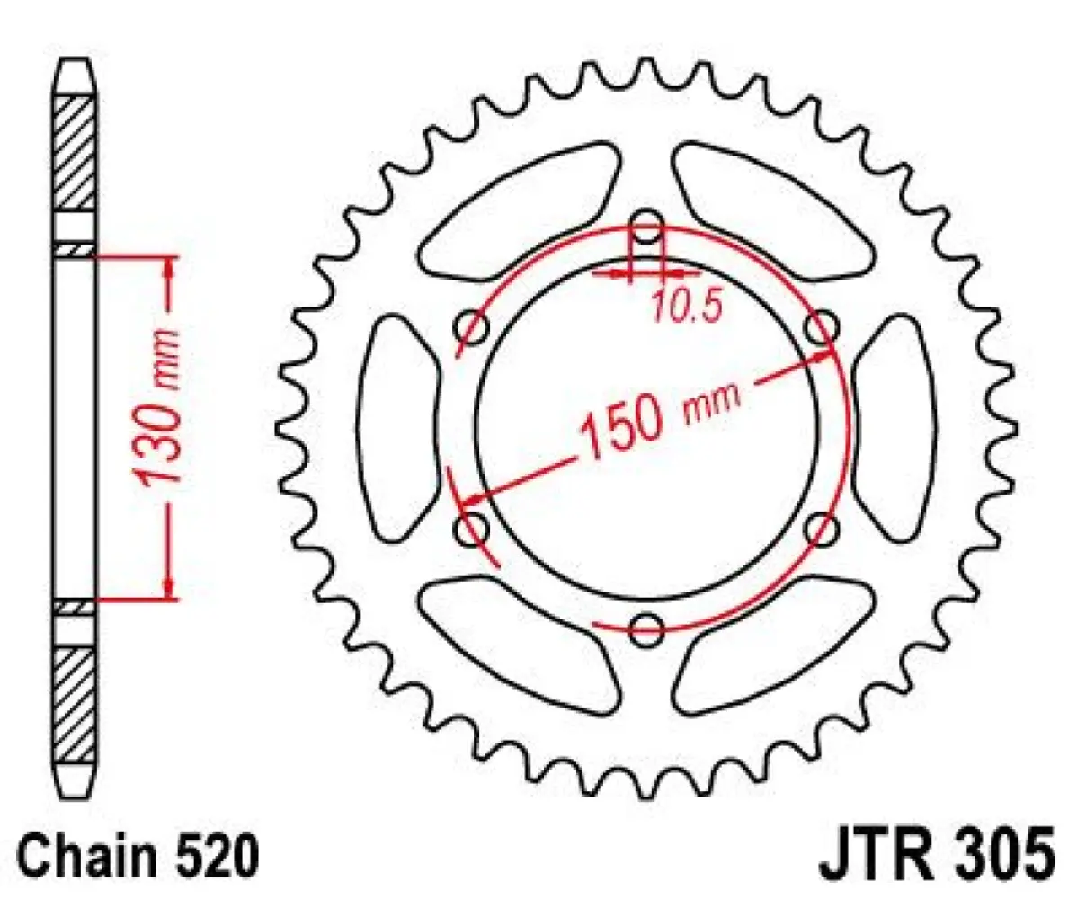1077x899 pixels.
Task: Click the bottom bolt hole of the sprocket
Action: coord(645,628)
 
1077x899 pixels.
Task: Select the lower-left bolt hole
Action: coord(471,530)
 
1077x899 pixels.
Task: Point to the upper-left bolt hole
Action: coord(472,328)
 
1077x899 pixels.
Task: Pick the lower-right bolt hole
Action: coord(820,530)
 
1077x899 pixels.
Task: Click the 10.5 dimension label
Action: coord(686,308)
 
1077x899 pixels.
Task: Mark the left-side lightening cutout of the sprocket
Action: coord(398,428)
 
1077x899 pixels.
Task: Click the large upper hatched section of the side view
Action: coord(76,153)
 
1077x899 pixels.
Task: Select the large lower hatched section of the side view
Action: coord(76,701)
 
